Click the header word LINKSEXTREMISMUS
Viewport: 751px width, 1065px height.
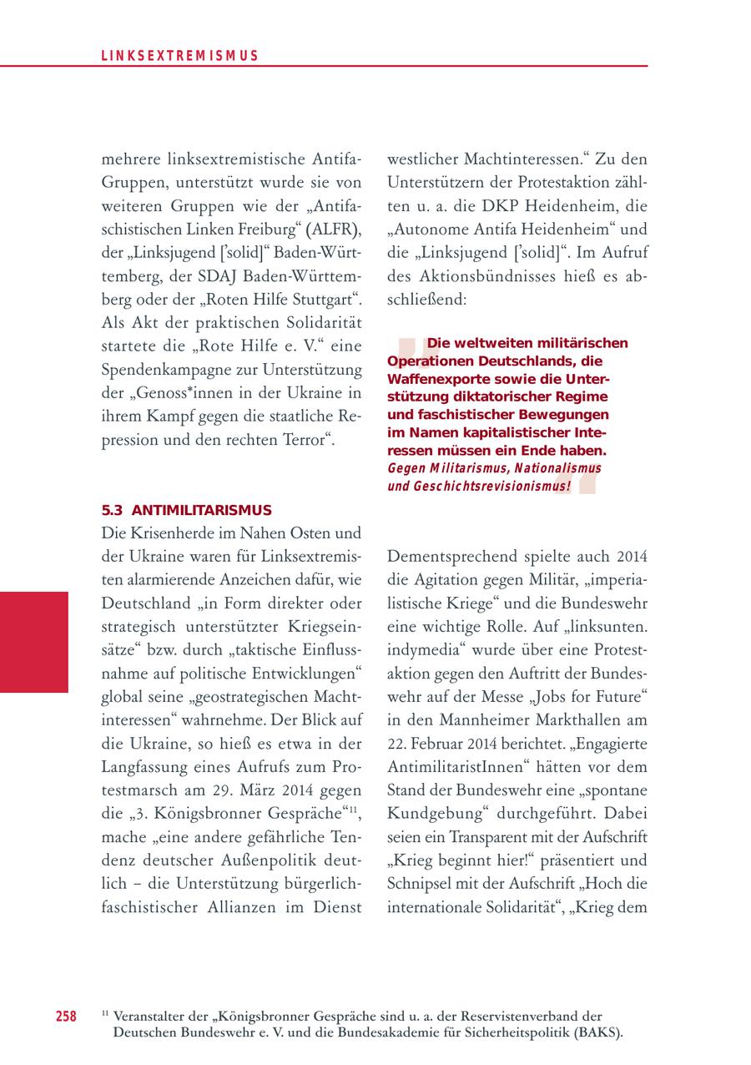click(179, 56)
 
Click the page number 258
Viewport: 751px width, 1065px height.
click(67, 1016)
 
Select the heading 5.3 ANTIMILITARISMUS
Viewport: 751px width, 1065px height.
click(186, 509)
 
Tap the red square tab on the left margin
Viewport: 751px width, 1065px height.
click(33, 642)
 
